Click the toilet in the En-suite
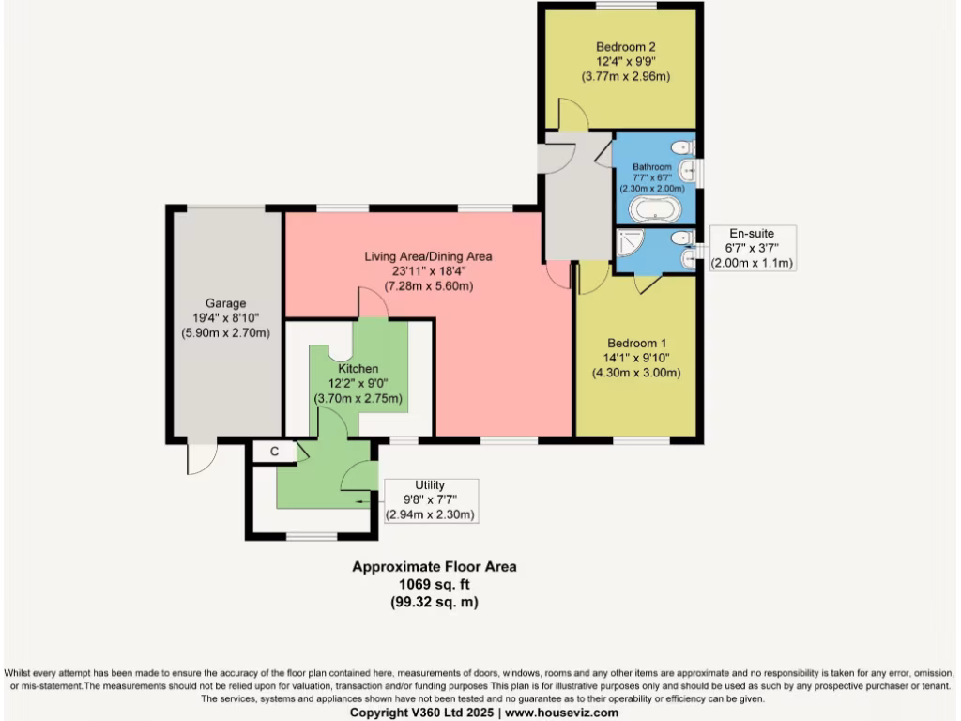(685, 238)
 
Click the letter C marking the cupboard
(275, 452)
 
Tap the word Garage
(226, 303)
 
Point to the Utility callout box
(430, 499)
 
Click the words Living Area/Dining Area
(428, 256)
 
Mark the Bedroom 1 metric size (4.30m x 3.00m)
(635, 373)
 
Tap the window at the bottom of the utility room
(312, 537)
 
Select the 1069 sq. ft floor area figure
(434, 584)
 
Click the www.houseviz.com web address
(561, 713)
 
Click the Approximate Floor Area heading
(434, 566)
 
